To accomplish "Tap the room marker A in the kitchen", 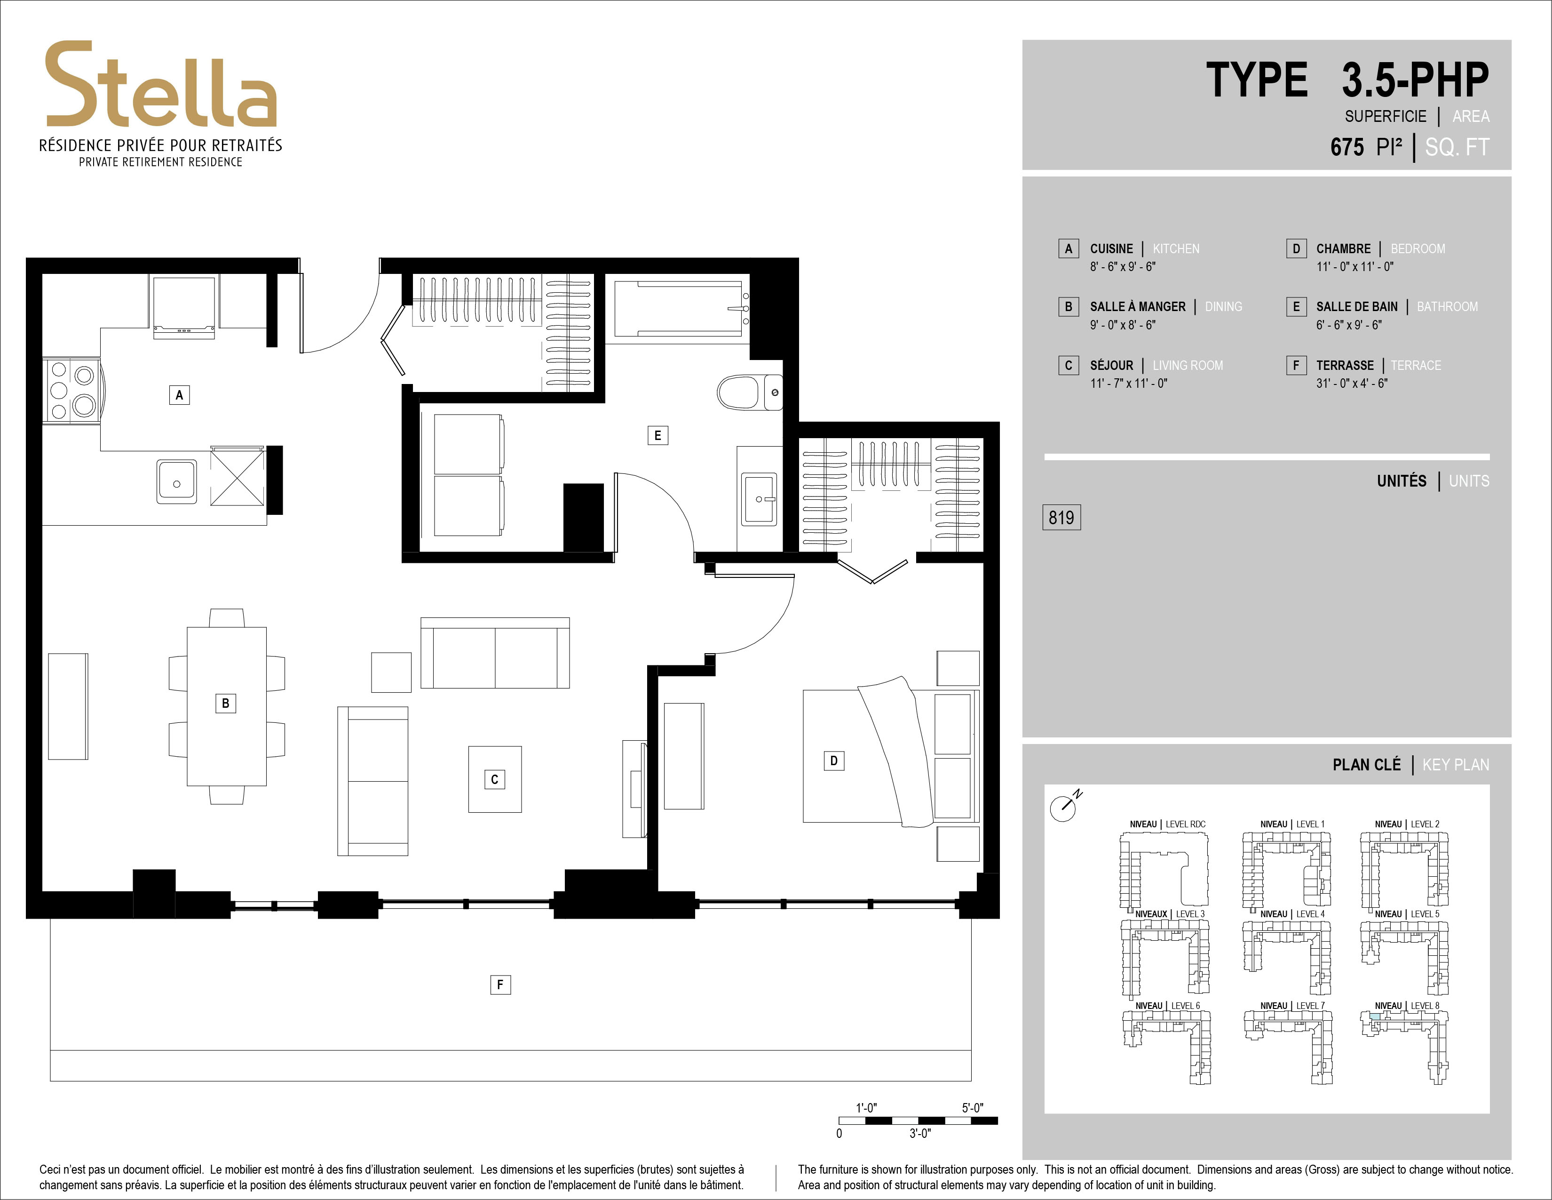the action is pyautogui.click(x=179, y=394).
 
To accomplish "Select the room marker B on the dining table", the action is pyautogui.click(x=225, y=703).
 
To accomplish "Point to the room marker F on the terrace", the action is pyautogui.click(x=500, y=984).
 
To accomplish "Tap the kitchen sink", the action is pyautogui.click(x=177, y=482).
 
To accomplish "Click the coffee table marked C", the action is pyautogui.click(x=495, y=779).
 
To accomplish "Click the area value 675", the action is pyautogui.click(x=1347, y=147).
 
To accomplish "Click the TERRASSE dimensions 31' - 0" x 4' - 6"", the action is pyautogui.click(x=1352, y=383).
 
